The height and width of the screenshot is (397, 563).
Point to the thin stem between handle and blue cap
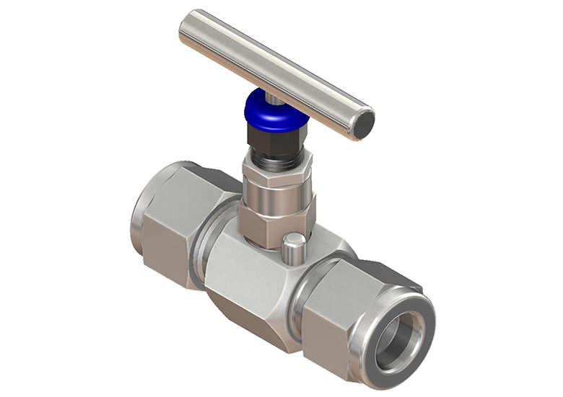[269, 95]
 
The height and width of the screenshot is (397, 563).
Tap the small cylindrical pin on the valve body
[292, 249]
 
